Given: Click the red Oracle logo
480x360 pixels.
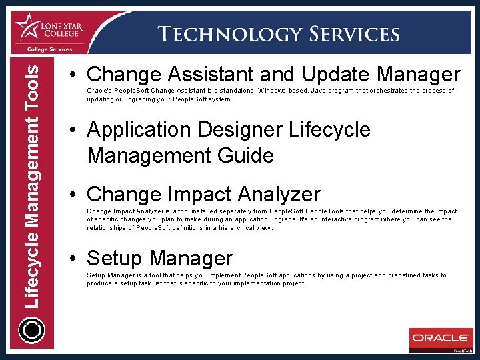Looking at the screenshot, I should pos(440,338).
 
